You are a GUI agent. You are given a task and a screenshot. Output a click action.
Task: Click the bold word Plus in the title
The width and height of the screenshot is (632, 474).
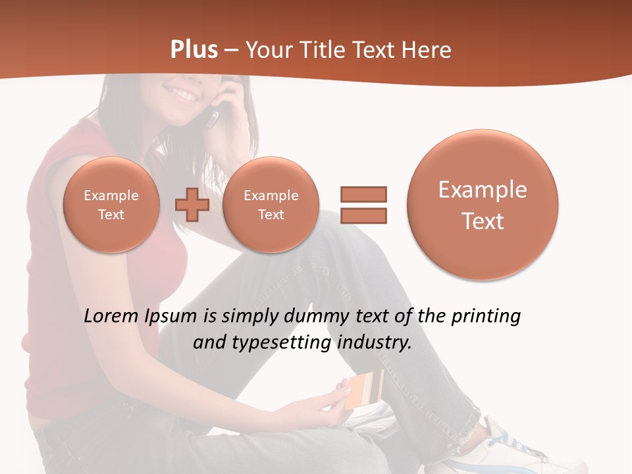tap(194, 50)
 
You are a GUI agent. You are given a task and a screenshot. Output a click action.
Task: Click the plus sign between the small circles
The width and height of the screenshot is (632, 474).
tap(192, 205)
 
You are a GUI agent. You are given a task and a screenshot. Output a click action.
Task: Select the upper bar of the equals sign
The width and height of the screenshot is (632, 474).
tap(363, 194)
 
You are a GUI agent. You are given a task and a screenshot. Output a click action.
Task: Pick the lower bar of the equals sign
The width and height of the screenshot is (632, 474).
tap(363, 215)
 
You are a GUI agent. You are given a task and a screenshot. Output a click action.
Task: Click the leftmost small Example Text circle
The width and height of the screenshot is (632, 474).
tap(111, 205)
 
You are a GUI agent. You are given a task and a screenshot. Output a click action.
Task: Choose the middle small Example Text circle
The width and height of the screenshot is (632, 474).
tap(271, 205)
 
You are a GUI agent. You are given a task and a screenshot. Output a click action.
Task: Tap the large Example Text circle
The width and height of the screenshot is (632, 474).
tap(483, 205)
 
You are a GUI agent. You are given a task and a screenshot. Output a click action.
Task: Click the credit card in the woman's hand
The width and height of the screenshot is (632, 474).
tap(365, 390)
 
